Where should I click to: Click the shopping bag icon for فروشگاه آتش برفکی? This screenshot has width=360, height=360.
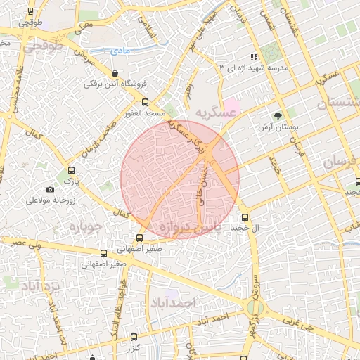[115, 74]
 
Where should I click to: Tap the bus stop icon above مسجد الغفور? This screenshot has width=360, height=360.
[146, 103]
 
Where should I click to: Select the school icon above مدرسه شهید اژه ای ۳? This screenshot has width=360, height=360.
[254, 58]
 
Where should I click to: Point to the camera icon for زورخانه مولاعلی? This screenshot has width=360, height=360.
[50, 189]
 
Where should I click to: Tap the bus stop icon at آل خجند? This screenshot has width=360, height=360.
[245, 217]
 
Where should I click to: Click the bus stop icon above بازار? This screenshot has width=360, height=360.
[70, 170]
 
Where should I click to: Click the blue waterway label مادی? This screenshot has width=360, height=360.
[120, 51]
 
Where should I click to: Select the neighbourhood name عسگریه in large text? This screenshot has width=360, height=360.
[213, 112]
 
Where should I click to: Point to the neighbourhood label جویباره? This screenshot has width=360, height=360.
[86, 227]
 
